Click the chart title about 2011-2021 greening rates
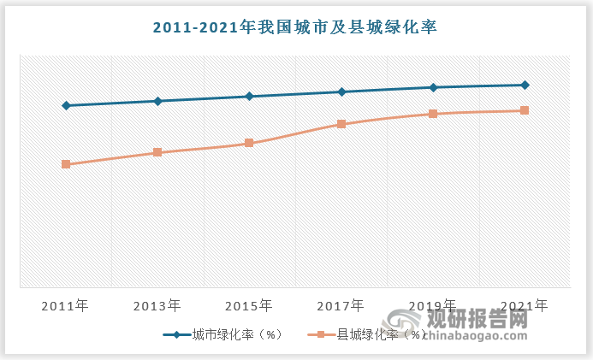(295, 27)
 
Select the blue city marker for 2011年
(66, 105)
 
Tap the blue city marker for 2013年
(157, 101)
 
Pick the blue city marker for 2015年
(249, 96)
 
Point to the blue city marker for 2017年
(341, 91)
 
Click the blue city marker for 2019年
(433, 87)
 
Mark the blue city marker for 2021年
(525, 85)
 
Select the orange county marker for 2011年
(66, 164)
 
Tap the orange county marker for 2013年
(157, 152)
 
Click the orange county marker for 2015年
(249, 143)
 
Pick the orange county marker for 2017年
(341, 124)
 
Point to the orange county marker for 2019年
(433, 114)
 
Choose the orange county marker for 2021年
(525, 110)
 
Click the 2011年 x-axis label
(66, 304)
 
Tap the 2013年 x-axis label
(157, 304)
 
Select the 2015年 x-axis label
(249, 304)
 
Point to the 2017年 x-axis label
(341, 304)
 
